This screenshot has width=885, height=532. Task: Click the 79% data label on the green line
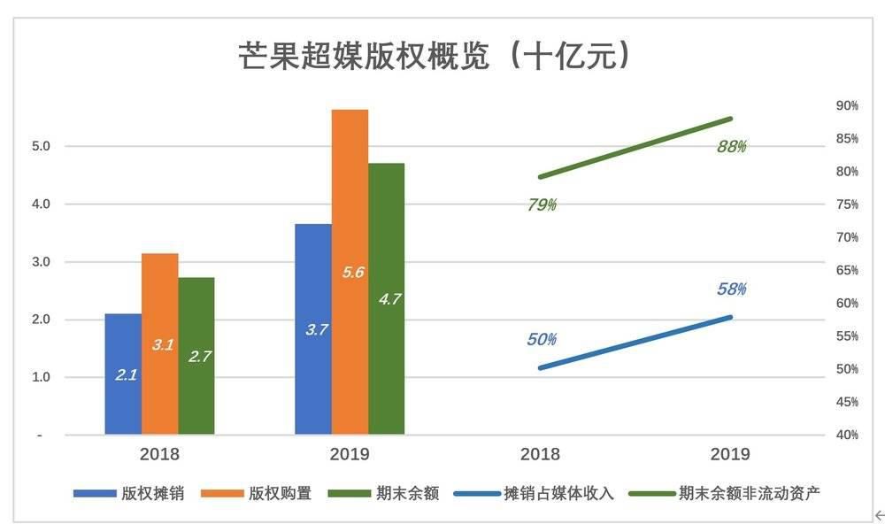click(542, 204)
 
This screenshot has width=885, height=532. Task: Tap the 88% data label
click(731, 146)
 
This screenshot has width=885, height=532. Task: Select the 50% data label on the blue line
click(542, 339)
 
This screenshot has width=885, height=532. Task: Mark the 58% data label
click(731, 289)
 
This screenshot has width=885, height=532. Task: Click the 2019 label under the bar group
click(350, 454)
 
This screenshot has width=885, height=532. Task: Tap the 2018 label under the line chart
click(540, 454)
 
